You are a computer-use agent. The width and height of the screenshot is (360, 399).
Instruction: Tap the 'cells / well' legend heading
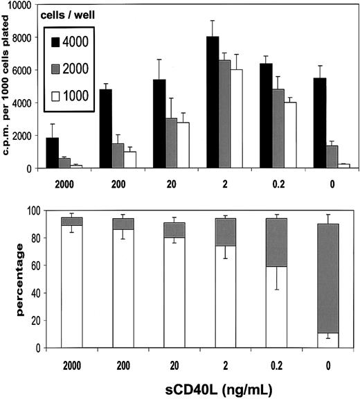coord(69,14)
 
